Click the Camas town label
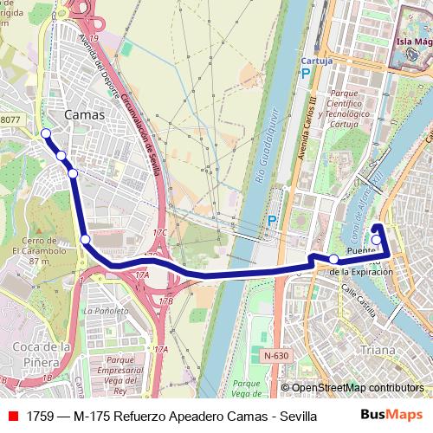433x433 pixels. point(85,114)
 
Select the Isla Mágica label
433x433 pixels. point(413,42)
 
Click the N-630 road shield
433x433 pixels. point(275,355)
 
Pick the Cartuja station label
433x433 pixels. point(316,61)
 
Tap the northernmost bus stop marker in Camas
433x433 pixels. point(46,133)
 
